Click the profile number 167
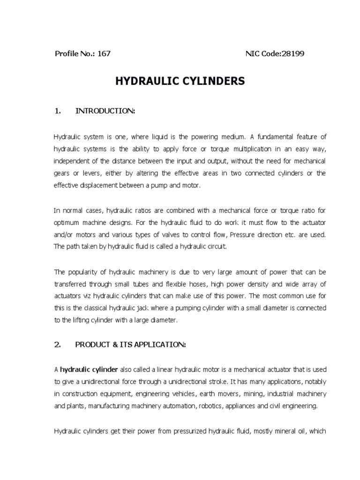coord(104,53)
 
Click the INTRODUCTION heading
coord(105,111)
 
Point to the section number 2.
coord(58,345)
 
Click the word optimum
coord(67,222)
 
